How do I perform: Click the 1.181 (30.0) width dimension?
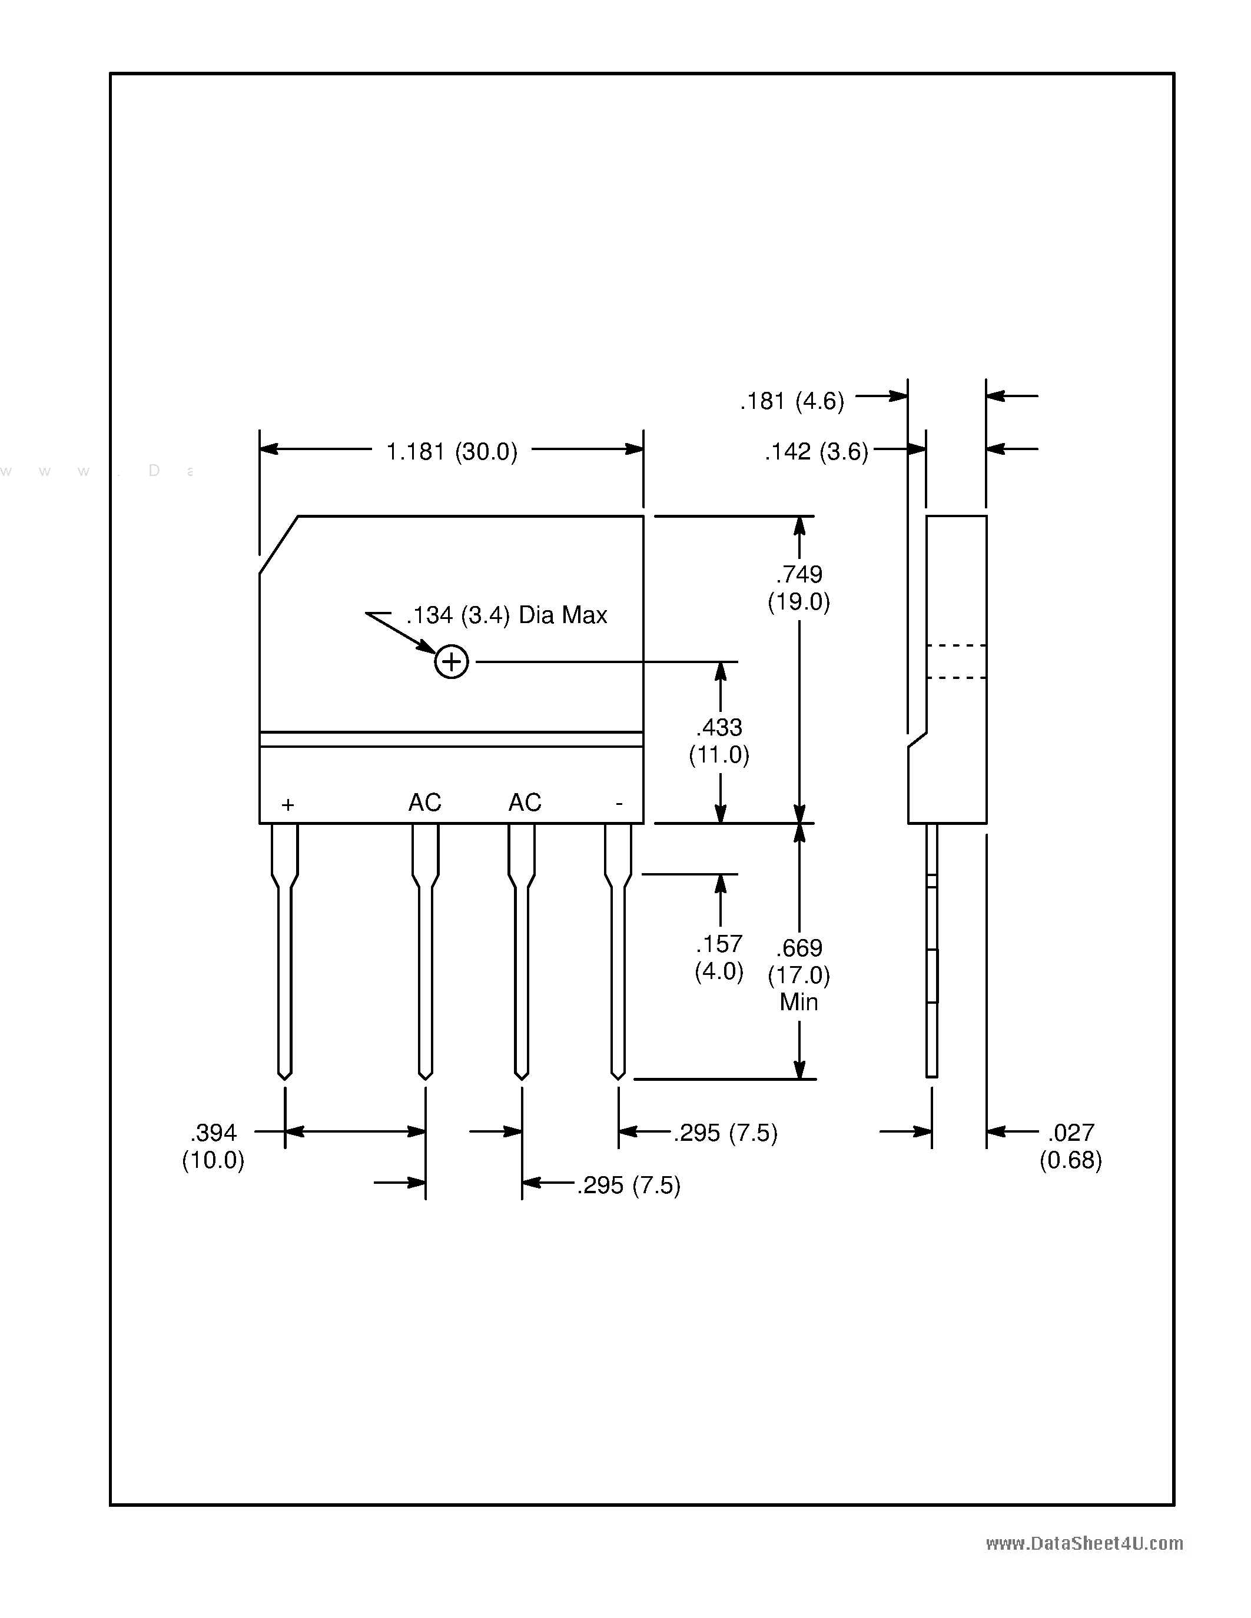(452, 451)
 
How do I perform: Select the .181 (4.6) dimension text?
(791, 401)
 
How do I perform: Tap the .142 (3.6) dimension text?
(816, 451)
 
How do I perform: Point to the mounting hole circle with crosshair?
(452, 661)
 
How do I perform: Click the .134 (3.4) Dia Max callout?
(506, 615)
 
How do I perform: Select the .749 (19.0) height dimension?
(799, 588)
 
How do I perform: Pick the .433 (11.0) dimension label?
(719, 741)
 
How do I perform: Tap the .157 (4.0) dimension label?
(719, 957)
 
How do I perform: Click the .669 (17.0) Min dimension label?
(799, 974)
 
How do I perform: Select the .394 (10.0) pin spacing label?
(214, 1146)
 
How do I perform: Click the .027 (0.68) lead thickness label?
(1070, 1146)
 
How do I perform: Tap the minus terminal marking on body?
(619, 803)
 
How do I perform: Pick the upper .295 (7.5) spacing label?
(725, 1133)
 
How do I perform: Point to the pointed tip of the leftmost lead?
(284, 1077)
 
